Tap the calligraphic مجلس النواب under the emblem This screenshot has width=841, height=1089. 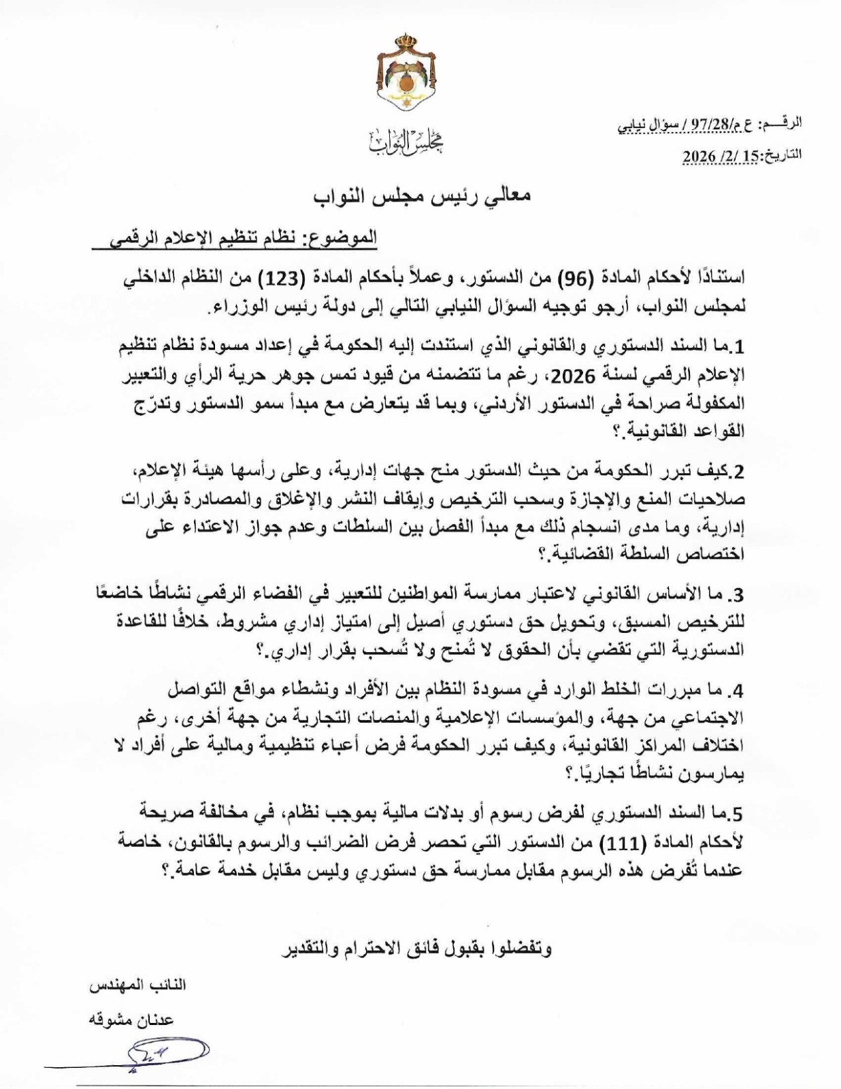pyautogui.click(x=406, y=141)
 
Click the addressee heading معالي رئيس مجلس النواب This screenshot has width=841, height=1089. pyautogui.click(x=422, y=195)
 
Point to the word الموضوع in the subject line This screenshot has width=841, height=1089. pyautogui.click(x=343, y=238)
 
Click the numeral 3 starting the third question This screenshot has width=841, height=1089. pyautogui.click(x=739, y=594)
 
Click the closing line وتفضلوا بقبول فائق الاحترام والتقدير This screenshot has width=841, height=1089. pyautogui.click(x=416, y=949)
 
